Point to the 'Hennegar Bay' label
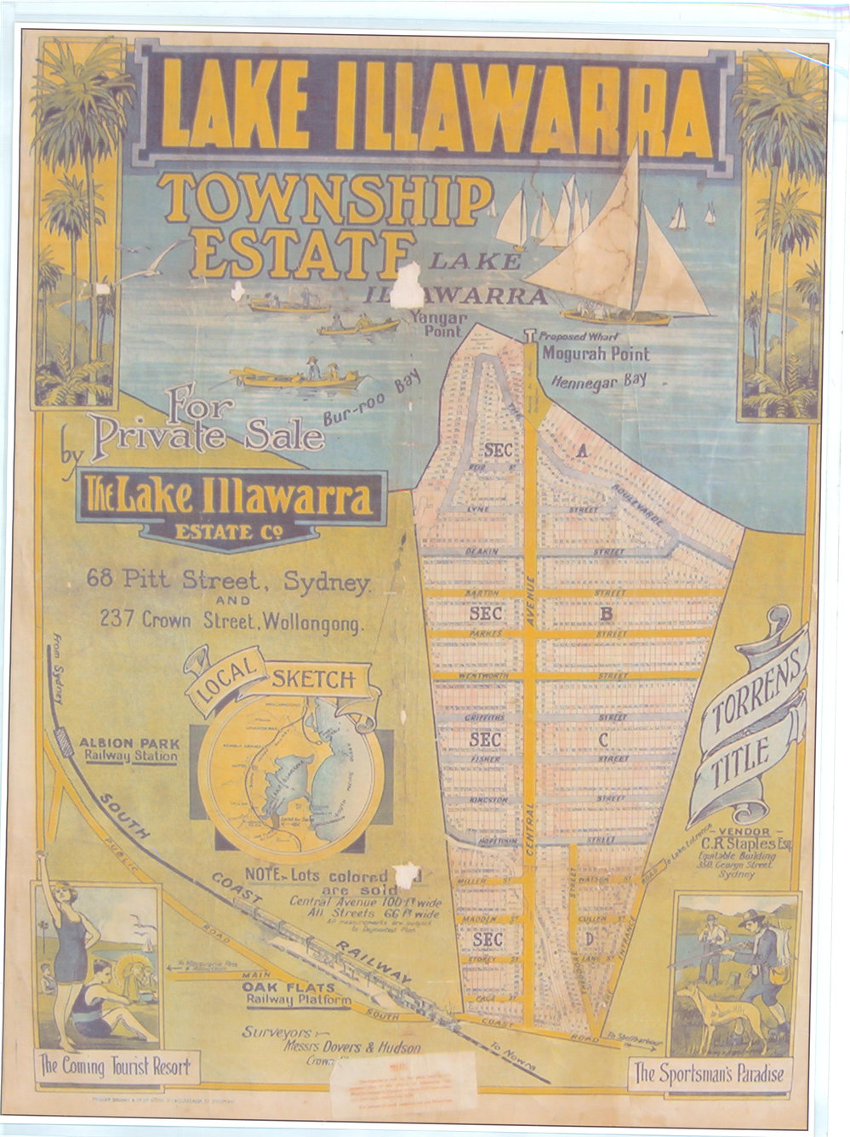point(598,380)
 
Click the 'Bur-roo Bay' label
point(372,399)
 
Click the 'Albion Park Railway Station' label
point(129,749)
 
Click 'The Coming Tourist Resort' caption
point(116,1066)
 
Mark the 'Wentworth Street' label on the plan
point(482,676)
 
